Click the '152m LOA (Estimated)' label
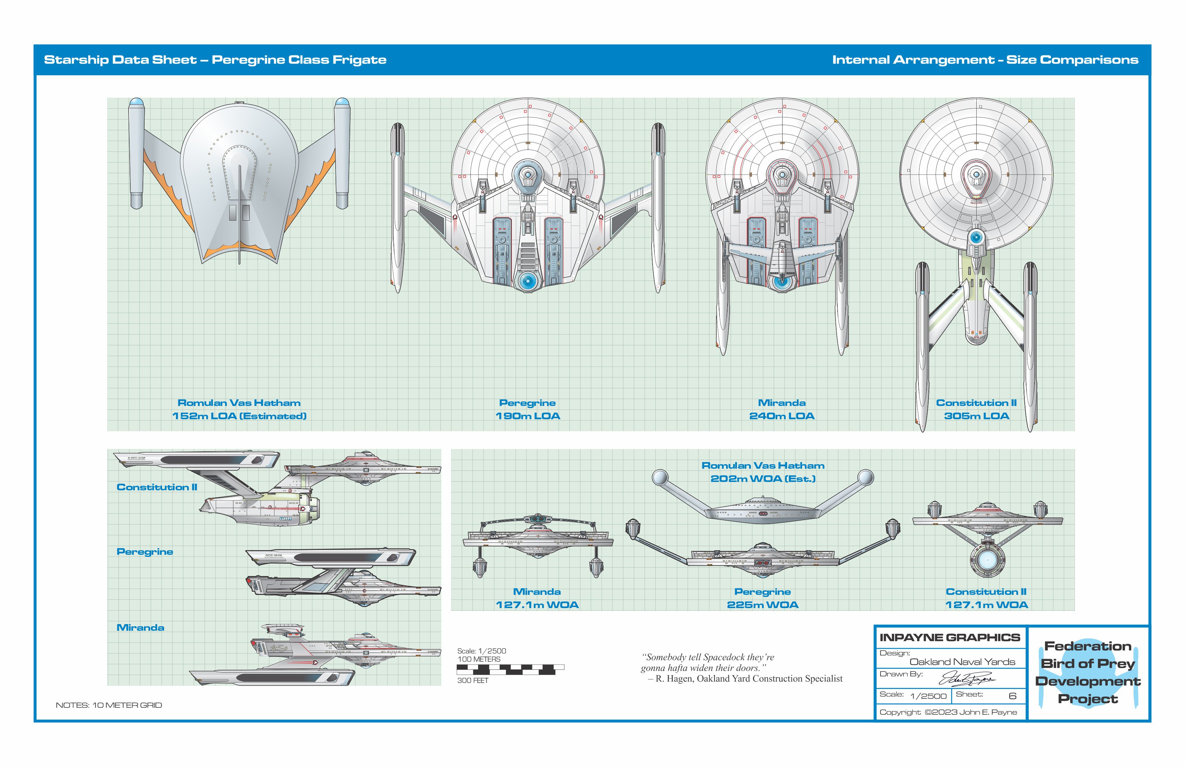coord(239,416)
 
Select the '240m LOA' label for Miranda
coord(782,416)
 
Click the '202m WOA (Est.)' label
coord(763,478)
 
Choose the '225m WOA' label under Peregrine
coord(762,605)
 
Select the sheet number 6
coord(1012,696)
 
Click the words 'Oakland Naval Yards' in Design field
coord(962,662)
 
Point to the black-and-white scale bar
coord(510,669)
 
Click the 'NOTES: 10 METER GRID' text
coord(109,705)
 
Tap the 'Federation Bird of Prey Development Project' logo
coord(1088,672)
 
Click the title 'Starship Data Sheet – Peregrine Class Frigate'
coord(215,60)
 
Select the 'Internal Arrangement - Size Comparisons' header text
coord(985,60)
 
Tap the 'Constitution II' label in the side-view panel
coord(157,487)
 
